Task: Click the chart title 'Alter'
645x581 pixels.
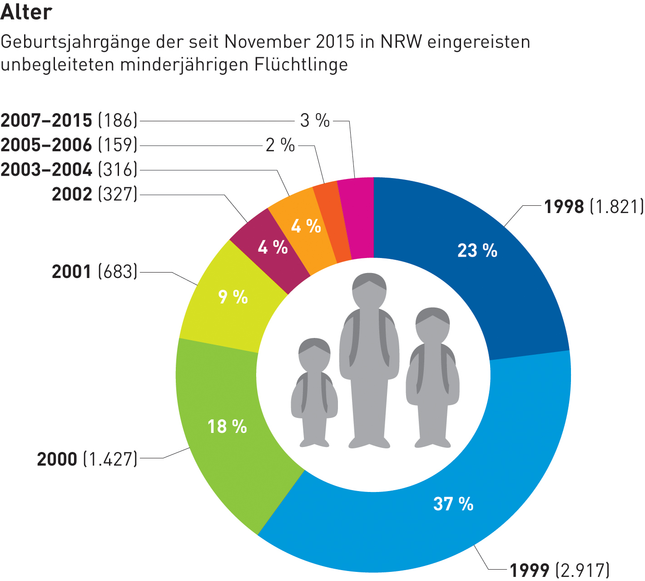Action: click(x=26, y=12)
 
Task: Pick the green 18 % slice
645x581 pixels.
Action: click(x=227, y=427)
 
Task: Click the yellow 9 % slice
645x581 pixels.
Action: click(x=233, y=298)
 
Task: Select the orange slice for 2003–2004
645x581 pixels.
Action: click(x=306, y=226)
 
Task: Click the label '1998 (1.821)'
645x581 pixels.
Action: click(x=594, y=207)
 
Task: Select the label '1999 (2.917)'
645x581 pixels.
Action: click(x=559, y=570)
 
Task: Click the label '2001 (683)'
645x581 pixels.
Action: click(x=94, y=272)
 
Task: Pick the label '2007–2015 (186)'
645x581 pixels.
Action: click(x=69, y=120)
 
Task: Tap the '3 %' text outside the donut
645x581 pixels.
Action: click(x=315, y=120)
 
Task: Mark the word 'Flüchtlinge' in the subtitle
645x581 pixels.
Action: click(x=301, y=65)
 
